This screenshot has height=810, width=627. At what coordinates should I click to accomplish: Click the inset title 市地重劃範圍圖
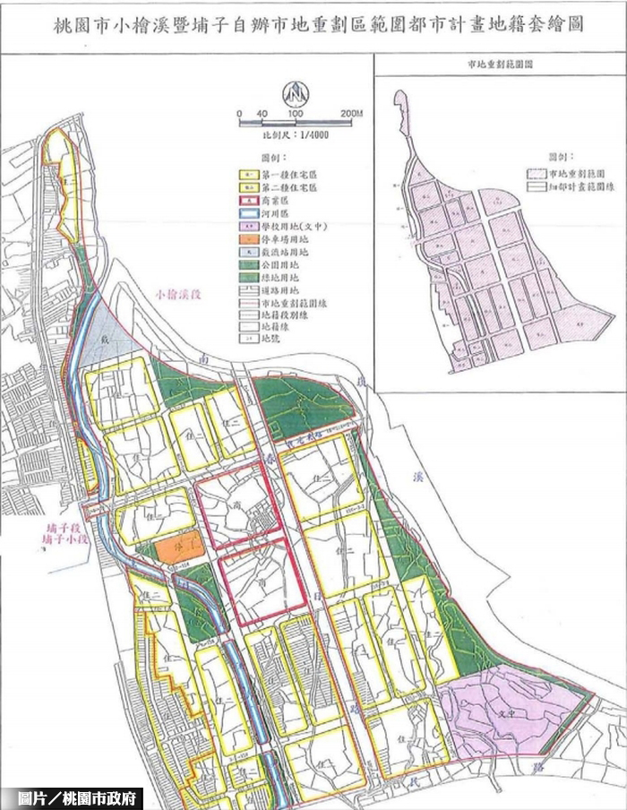point(500,65)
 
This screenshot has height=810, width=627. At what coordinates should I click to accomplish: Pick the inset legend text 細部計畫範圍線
point(581,187)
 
